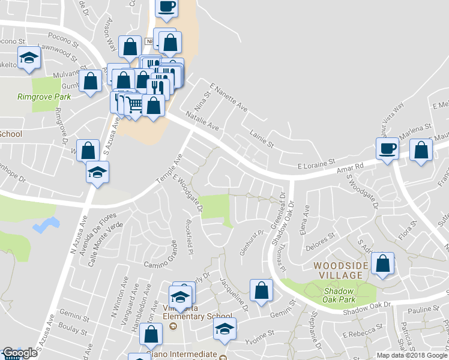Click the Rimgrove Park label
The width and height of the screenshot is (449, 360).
tap(44, 97)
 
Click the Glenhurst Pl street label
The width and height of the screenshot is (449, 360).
tap(252, 242)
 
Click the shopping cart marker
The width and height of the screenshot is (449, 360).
tap(135, 105)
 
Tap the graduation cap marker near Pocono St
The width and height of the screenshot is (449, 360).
tap(28, 59)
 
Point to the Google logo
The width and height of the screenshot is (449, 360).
tap(20, 353)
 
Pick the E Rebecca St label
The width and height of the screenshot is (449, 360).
tap(362, 331)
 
